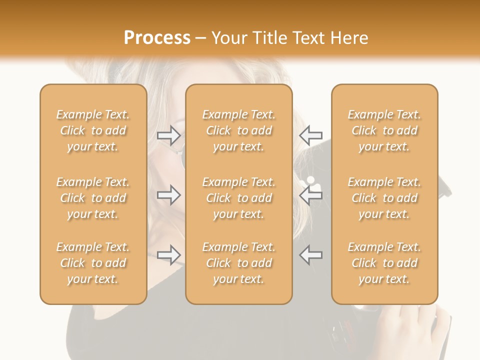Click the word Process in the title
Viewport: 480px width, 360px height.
coord(157,38)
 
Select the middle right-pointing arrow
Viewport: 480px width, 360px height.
coord(168,195)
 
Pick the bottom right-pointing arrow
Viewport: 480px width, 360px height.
coord(168,255)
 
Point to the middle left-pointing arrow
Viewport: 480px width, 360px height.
coord(310,195)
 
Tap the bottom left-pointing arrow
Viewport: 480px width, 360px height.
coord(310,255)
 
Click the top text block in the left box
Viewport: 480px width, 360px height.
coord(93,130)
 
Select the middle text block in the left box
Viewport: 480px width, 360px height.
coord(93,198)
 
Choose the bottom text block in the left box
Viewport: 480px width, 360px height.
coord(93,263)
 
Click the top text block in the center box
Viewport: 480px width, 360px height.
coord(238,130)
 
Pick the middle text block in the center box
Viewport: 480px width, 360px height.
coord(238,198)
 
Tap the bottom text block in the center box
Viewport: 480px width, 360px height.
coord(238,263)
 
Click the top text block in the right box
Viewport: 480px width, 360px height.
coord(384,130)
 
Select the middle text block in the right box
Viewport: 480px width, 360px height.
coord(384,198)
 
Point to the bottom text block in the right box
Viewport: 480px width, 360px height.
coord(384,263)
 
